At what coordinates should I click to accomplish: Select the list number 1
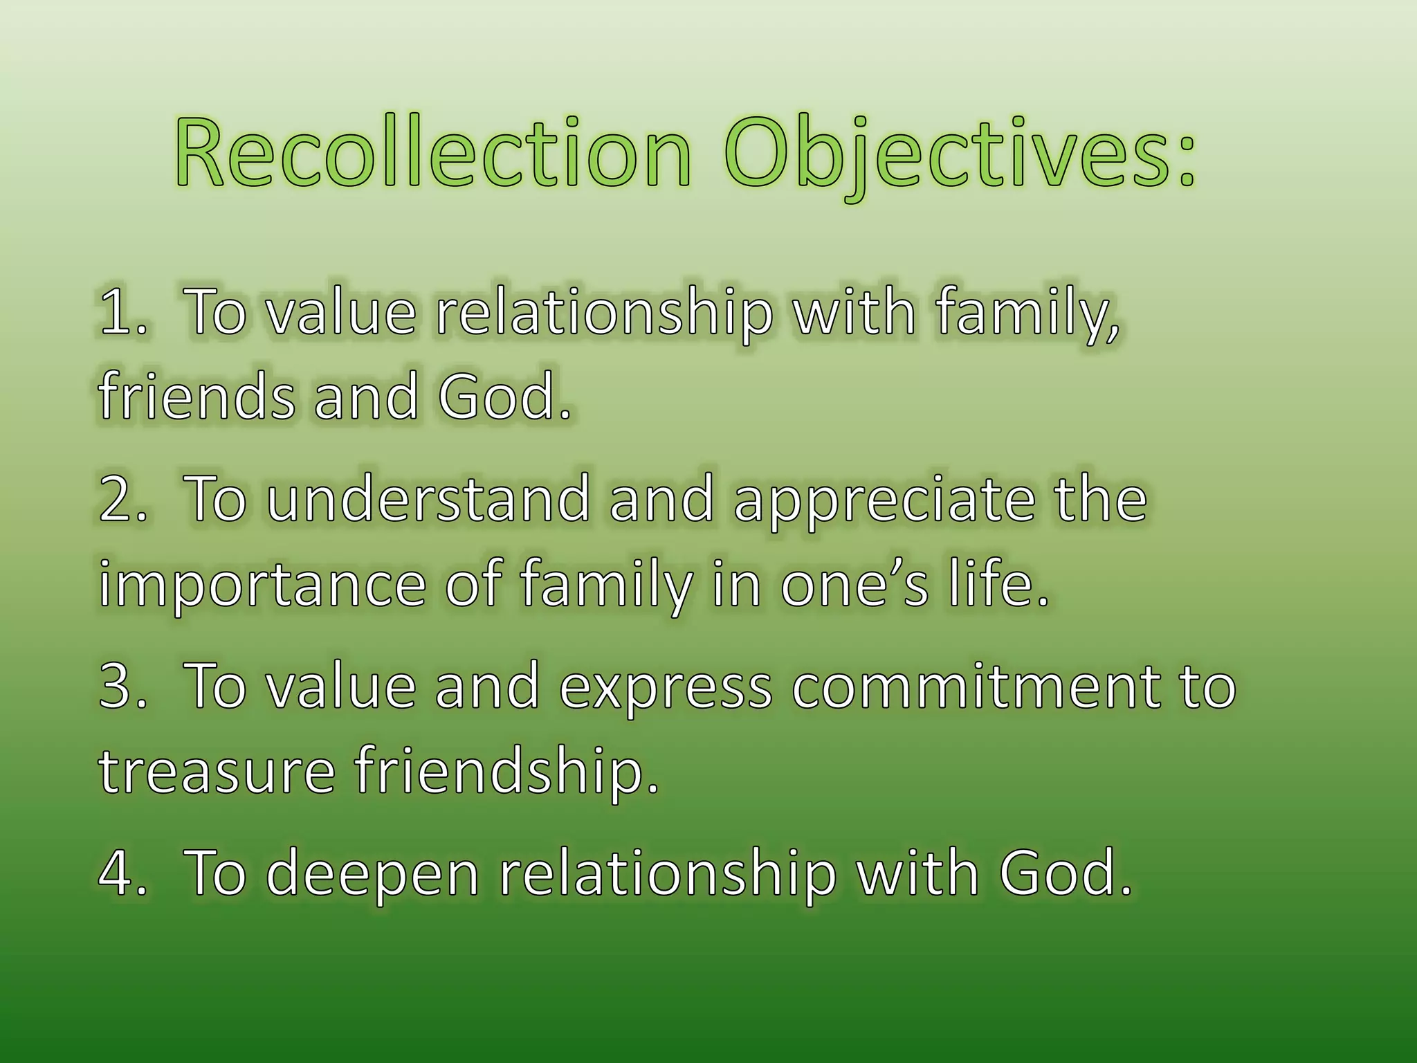tap(116, 313)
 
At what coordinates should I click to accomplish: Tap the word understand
tap(428, 500)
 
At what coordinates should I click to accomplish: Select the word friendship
tap(506, 772)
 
